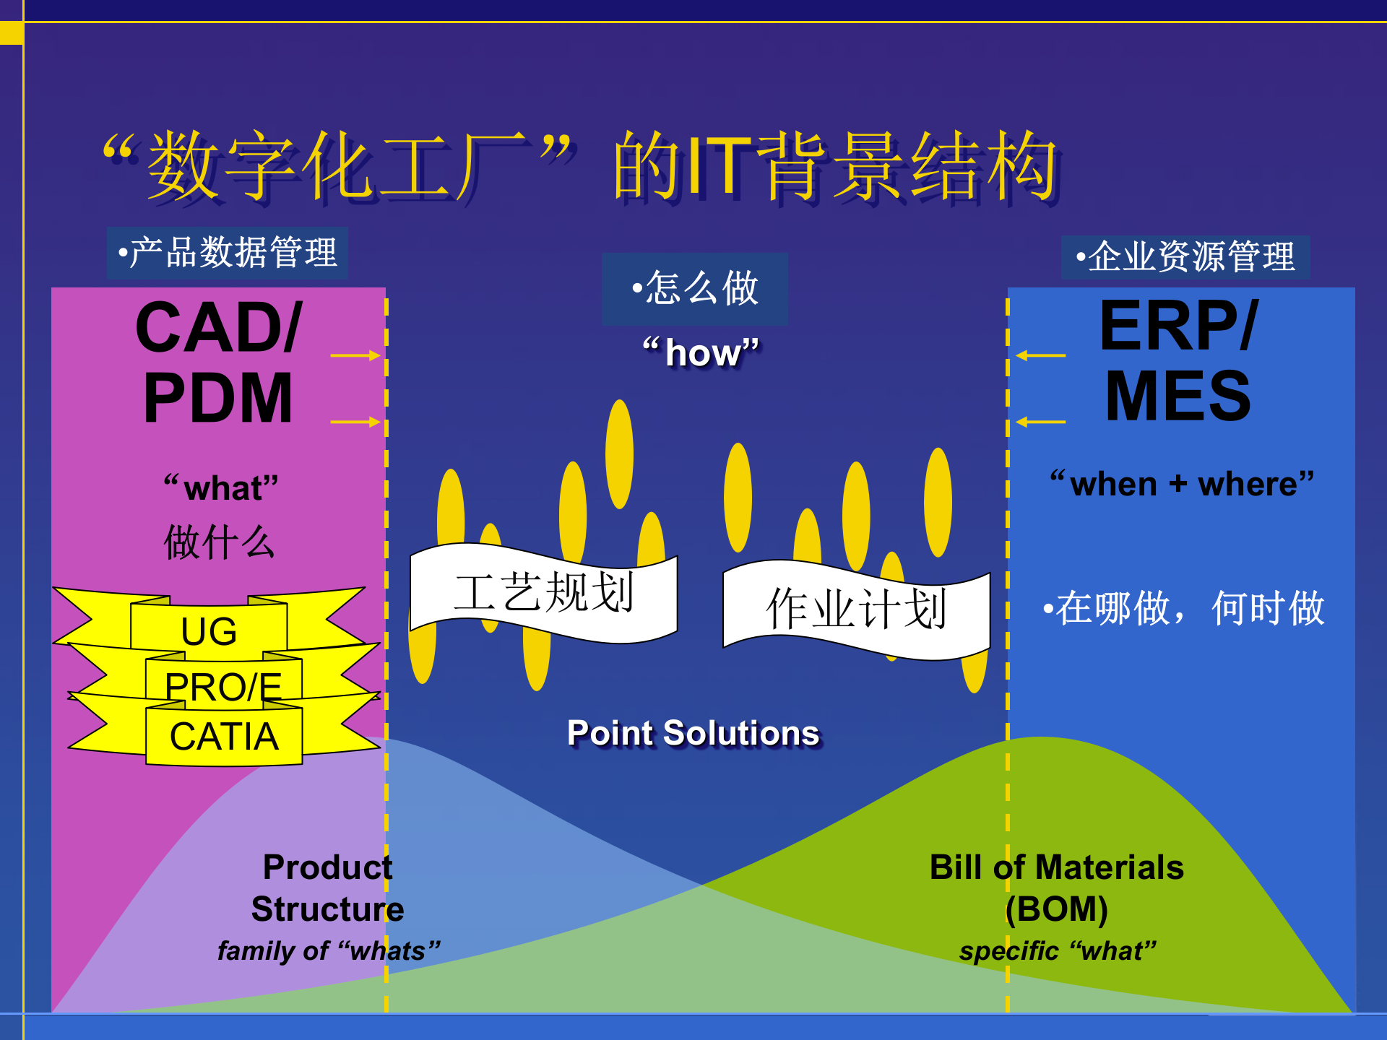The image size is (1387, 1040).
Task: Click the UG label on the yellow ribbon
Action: pyautogui.click(x=209, y=631)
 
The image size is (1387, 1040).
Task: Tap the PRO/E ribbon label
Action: pyautogui.click(x=223, y=686)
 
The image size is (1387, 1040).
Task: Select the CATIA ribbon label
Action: pyautogui.click(x=224, y=737)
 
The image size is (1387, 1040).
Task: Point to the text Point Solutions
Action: pyautogui.click(x=693, y=733)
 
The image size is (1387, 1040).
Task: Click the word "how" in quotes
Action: pyautogui.click(x=701, y=353)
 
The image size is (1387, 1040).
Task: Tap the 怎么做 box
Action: pyautogui.click(x=695, y=288)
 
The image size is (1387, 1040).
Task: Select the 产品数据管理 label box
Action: pyautogui.click(x=228, y=253)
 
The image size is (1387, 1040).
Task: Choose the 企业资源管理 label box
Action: pyautogui.click(x=1185, y=257)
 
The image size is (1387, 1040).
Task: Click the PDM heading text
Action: pyautogui.click(x=217, y=398)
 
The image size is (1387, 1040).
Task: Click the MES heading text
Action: pyautogui.click(x=1178, y=396)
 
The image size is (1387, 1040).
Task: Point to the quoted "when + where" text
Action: pyautogui.click(x=1182, y=484)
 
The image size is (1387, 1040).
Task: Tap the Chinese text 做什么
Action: pyautogui.click(x=219, y=542)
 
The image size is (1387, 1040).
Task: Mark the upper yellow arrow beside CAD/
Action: pyautogui.click(x=355, y=355)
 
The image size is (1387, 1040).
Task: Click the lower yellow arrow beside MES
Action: pyautogui.click(x=1040, y=422)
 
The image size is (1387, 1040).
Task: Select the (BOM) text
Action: pyautogui.click(x=1056, y=909)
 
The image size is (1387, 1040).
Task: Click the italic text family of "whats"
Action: pyautogui.click(x=329, y=951)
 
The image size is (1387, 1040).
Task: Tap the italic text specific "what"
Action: pyautogui.click(x=1058, y=951)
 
